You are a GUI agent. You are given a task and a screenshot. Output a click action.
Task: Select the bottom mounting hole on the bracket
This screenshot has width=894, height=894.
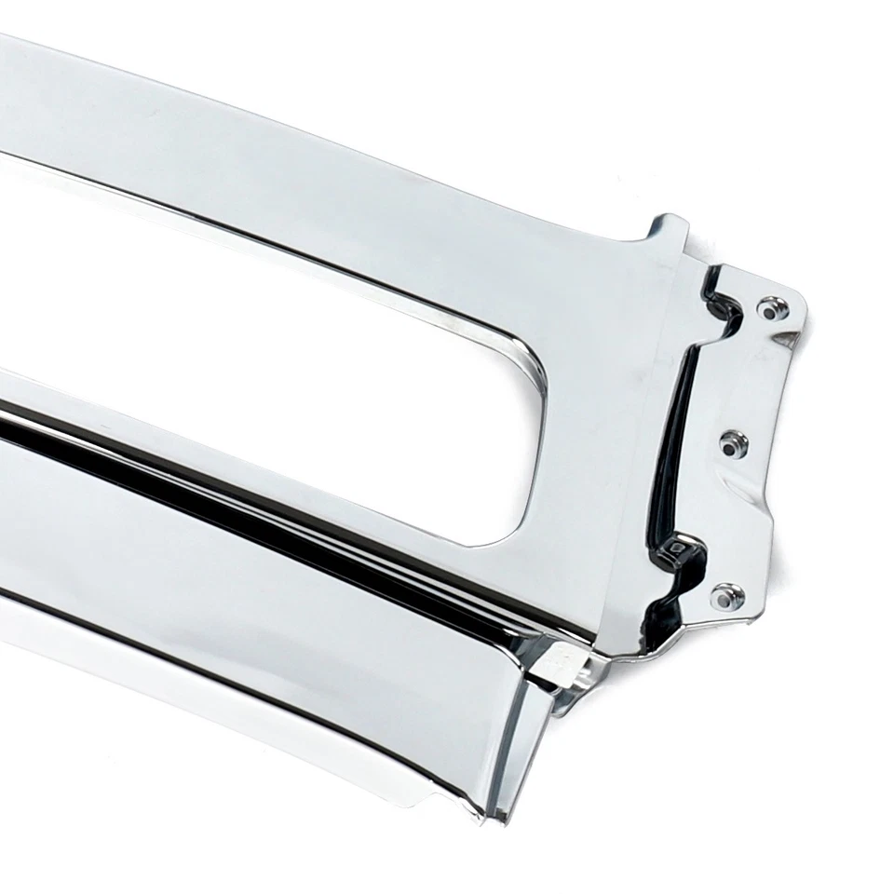727,595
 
